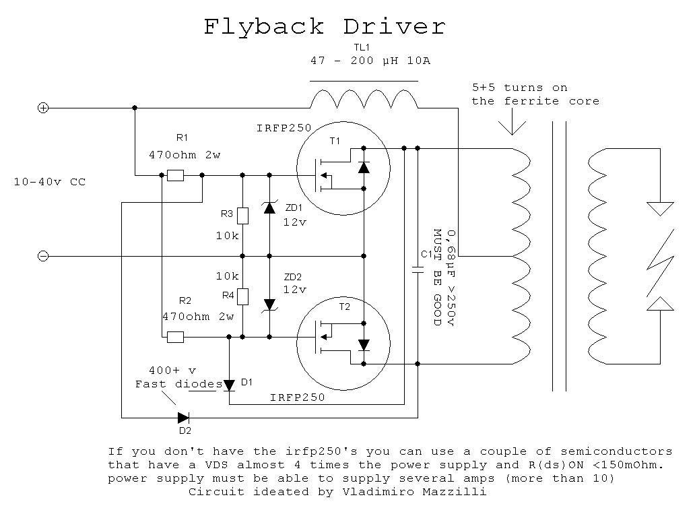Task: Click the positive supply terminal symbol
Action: [x=43, y=108]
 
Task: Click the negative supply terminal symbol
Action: [x=43, y=256]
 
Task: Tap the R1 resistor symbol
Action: [x=176, y=176]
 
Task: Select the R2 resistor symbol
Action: [x=176, y=338]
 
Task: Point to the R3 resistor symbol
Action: [x=242, y=216]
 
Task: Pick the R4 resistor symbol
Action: [x=242, y=296]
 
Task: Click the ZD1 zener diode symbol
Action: [x=269, y=207]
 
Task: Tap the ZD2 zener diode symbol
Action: [x=269, y=305]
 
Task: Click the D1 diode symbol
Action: [x=229, y=385]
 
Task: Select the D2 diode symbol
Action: [x=183, y=418]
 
